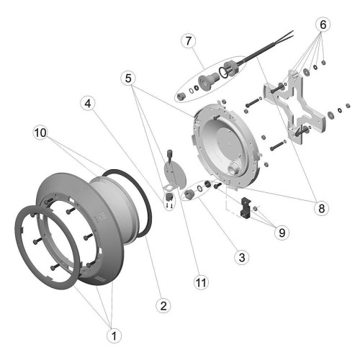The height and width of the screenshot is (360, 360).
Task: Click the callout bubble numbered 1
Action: [114, 336]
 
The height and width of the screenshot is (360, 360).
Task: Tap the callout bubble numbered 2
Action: [163, 305]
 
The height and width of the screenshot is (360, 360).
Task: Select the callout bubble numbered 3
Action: [242, 257]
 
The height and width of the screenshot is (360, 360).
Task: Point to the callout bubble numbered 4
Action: [88, 104]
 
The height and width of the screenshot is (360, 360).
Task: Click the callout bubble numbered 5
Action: [128, 78]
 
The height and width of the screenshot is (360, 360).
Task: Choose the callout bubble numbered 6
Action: [323, 24]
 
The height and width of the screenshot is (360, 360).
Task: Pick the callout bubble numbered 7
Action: [189, 41]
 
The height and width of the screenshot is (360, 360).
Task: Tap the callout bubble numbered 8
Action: [322, 208]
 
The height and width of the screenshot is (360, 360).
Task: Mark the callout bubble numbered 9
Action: [282, 233]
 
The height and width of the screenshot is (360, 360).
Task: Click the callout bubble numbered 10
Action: [40, 132]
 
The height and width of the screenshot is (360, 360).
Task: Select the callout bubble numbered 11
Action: [201, 282]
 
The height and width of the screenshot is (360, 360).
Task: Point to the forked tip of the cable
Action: [292, 34]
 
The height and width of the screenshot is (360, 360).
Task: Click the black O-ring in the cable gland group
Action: [223, 73]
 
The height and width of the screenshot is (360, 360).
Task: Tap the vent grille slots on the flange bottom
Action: [99, 279]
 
